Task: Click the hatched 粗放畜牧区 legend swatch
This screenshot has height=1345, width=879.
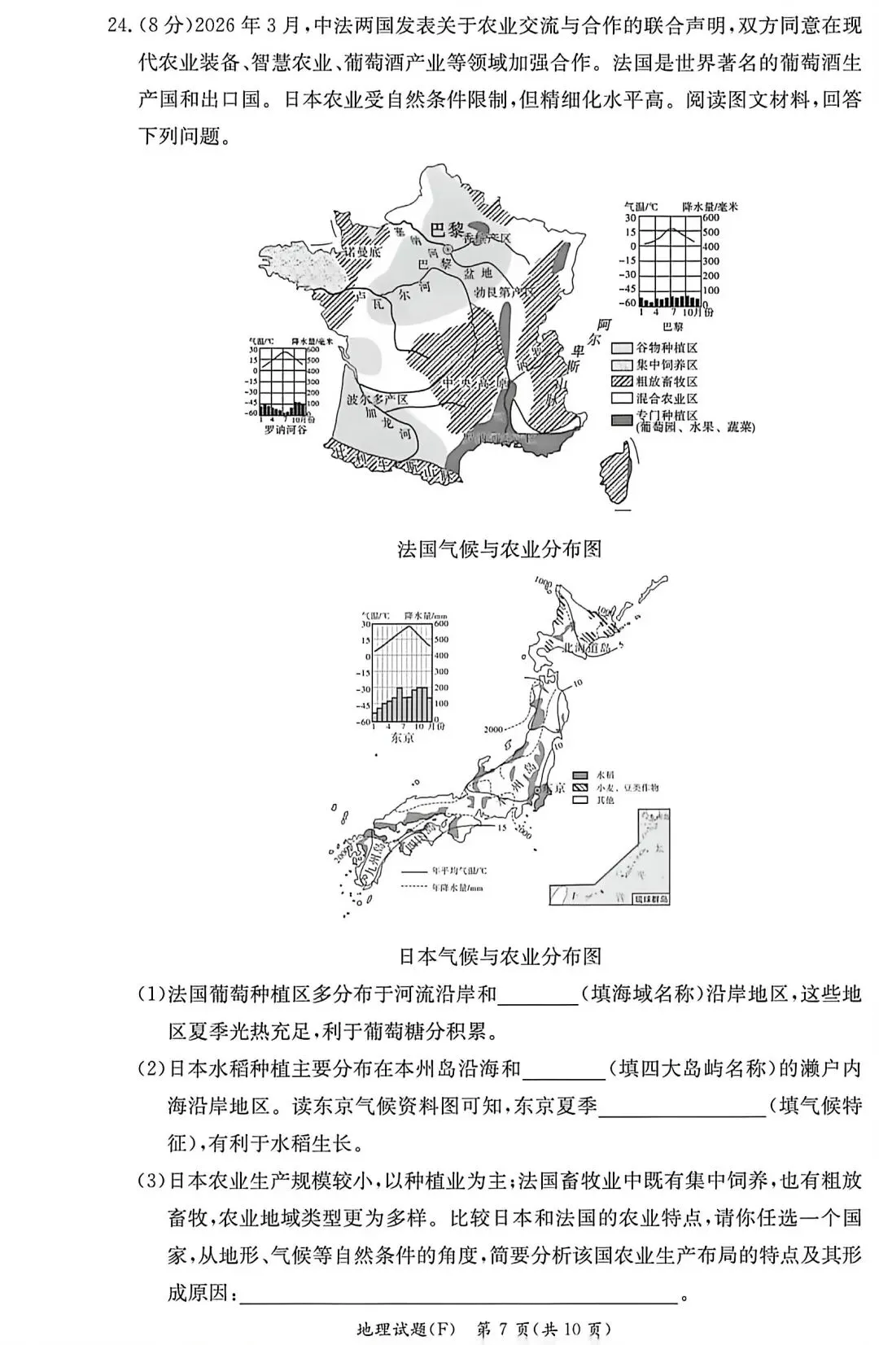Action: [622, 382]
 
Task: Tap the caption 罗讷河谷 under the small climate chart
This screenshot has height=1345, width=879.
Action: [286, 429]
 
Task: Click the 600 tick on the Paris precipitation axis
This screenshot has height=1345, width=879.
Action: [711, 218]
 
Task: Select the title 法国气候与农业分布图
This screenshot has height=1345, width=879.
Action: [499, 549]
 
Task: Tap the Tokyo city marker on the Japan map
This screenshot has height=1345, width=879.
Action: [537, 790]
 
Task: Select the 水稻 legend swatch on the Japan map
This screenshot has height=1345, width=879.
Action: [580, 775]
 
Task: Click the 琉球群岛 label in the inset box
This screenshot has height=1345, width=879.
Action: [651, 899]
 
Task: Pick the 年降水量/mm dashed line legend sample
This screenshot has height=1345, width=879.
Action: [415, 887]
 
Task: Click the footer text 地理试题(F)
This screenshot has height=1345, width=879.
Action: [404, 1330]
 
